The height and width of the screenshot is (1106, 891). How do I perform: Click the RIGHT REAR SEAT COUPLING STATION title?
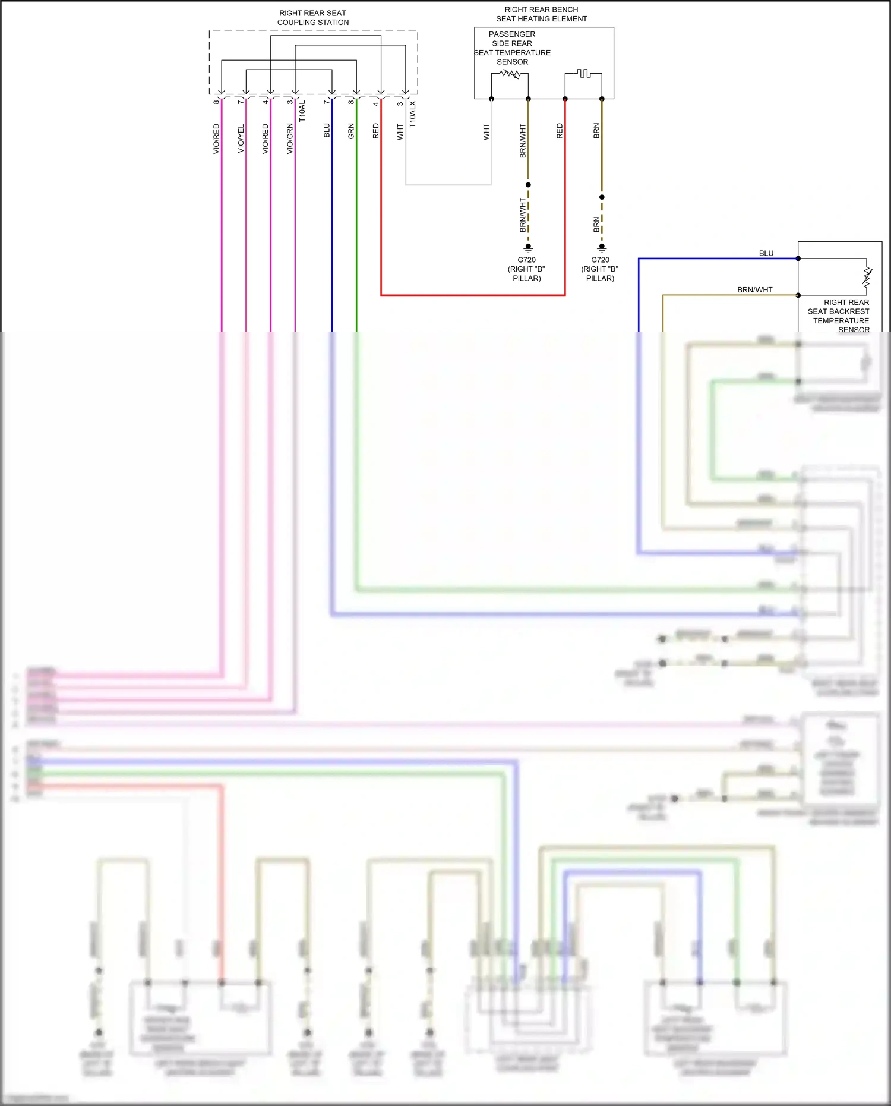coord(312,18)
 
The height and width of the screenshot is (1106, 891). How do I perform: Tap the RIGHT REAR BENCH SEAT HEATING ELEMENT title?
coord(541,14)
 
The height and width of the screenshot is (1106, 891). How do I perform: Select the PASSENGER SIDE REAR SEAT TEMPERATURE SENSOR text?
coord(512,48)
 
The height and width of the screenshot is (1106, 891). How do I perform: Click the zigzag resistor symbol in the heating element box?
coord(510,74)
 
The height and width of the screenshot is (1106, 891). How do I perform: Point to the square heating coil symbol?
coord(583,73)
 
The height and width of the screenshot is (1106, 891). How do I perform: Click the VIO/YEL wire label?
coord(241,138)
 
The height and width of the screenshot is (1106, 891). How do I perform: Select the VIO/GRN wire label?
coord(290,138)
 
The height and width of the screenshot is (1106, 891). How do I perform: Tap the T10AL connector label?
coord(302,111)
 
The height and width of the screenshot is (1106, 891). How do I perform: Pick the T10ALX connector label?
coord(413,114)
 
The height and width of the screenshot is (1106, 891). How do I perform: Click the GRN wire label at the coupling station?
coord(351,131)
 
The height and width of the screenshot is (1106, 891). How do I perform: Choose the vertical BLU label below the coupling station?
coord(327,131)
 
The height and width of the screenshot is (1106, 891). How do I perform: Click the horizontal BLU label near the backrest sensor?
coord(766,253)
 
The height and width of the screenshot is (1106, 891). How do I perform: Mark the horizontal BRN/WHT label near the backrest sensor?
coord(754,290)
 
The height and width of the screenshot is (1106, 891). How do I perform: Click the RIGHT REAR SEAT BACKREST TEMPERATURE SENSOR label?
coord(839,316)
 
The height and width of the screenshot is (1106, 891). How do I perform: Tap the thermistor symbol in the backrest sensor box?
coord(867,277)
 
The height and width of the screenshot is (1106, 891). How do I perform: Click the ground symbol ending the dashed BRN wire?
coord(602,248)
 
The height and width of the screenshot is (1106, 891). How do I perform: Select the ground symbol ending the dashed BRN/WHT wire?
coord(528,248)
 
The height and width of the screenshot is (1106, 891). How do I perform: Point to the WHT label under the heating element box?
coord(486,132)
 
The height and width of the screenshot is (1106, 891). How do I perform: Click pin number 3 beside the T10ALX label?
coord(400,103)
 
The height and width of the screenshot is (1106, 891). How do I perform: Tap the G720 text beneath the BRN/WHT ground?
coord(526,260)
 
